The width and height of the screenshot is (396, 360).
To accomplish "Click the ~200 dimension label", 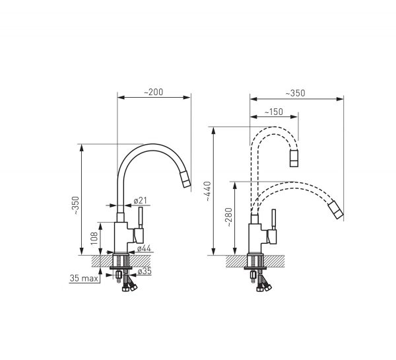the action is [x=154, y=92].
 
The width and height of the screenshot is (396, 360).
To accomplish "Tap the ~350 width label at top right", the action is [x=295, y=93].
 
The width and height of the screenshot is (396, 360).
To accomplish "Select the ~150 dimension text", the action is [x=273, y=112].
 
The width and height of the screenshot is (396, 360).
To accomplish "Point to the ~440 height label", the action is [x=208, y=191].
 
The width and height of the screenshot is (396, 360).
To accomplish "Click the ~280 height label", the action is [x=229, y=217].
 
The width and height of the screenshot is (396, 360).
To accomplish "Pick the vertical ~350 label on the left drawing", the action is [x=76, y=205].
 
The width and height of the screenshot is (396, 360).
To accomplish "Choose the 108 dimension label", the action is [x=94, y=238].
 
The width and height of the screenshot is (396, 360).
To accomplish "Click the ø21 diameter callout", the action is [x=140, y=201].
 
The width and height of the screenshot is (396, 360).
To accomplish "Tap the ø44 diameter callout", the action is [x=144, y=248].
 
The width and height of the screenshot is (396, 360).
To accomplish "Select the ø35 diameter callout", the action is [x=145, y=271].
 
